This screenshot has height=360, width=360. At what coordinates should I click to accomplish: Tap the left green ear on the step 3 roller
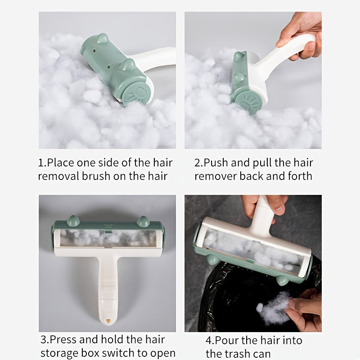(x=72, y=220)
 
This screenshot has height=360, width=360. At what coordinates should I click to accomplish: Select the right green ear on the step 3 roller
(x=143, y=220)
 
